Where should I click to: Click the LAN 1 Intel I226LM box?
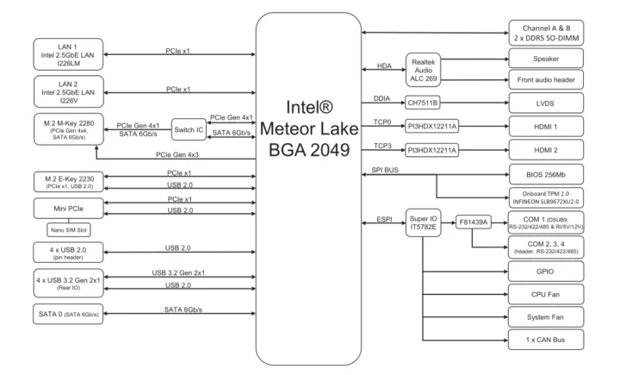tap(68, 54)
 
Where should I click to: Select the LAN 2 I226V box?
tap(68, 91)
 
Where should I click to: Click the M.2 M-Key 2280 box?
tap(68, 129)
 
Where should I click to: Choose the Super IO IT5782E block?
tap(424, 225)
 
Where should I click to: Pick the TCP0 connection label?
tap(384, 121)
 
